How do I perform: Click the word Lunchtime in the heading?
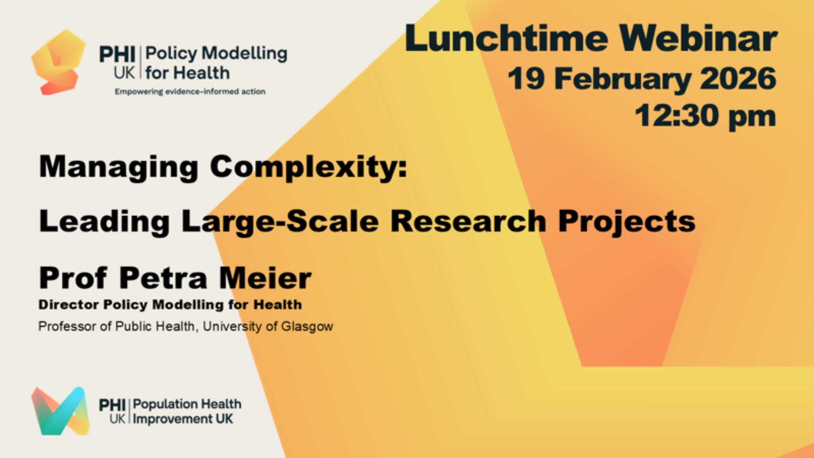[x=506, y=38]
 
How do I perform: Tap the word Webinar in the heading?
[x=698, y=38]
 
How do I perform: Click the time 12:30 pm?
[x=705, y=116]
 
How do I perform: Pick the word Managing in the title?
[x=118, y=167]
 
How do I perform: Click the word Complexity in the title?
[x=308, y=167]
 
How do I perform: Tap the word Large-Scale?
[x=280, y=222]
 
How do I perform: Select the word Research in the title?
[x=468, y=221]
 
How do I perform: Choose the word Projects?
[x=627, y=222]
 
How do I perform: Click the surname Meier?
[x=265, y=278]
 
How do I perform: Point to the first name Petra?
[x=164, y=278]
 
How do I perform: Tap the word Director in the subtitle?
[x=69, y=305]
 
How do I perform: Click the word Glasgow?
[x=307, y=327]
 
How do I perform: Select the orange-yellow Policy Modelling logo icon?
[x=59, y=62]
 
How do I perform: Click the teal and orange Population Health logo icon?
[x=61, y=411]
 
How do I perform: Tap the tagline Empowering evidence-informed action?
[x=190, y=92]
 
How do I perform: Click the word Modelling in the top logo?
[x=245, y=54]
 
